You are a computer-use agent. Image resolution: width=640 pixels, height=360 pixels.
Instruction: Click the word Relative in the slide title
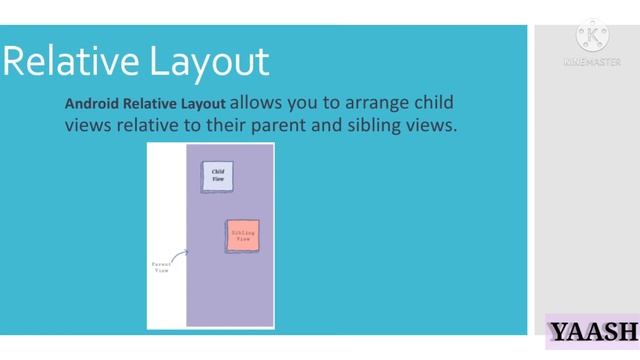74,61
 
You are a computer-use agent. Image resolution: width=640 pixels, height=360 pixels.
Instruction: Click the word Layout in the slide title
210,61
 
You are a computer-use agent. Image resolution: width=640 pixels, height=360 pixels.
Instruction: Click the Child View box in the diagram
217,176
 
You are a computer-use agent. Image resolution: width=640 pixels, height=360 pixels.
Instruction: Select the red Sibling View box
242,236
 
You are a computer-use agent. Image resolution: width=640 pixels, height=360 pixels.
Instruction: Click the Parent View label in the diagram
161,267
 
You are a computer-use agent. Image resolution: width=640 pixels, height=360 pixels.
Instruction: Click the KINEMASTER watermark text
592,62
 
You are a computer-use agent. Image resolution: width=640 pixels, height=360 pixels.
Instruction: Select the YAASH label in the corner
592,331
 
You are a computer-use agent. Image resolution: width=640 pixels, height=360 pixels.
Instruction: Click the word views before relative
88,126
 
